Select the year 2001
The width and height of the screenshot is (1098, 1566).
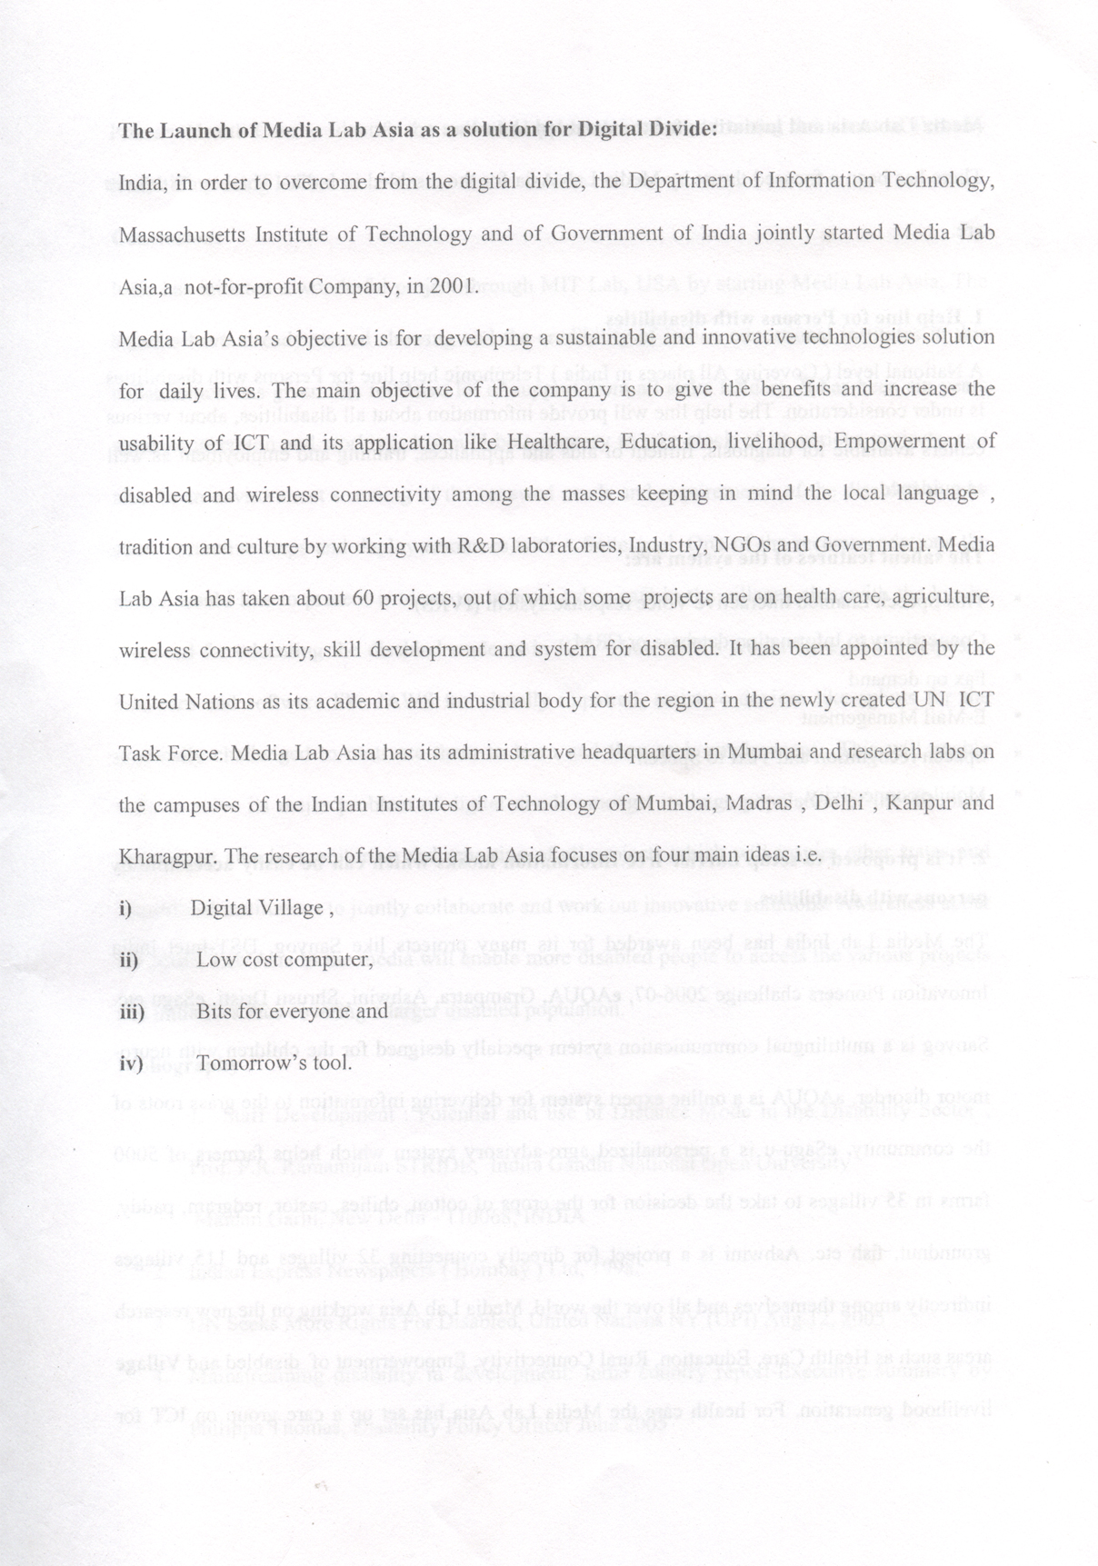click(456, 286)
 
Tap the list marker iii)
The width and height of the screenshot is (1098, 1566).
click(133, 1012)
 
